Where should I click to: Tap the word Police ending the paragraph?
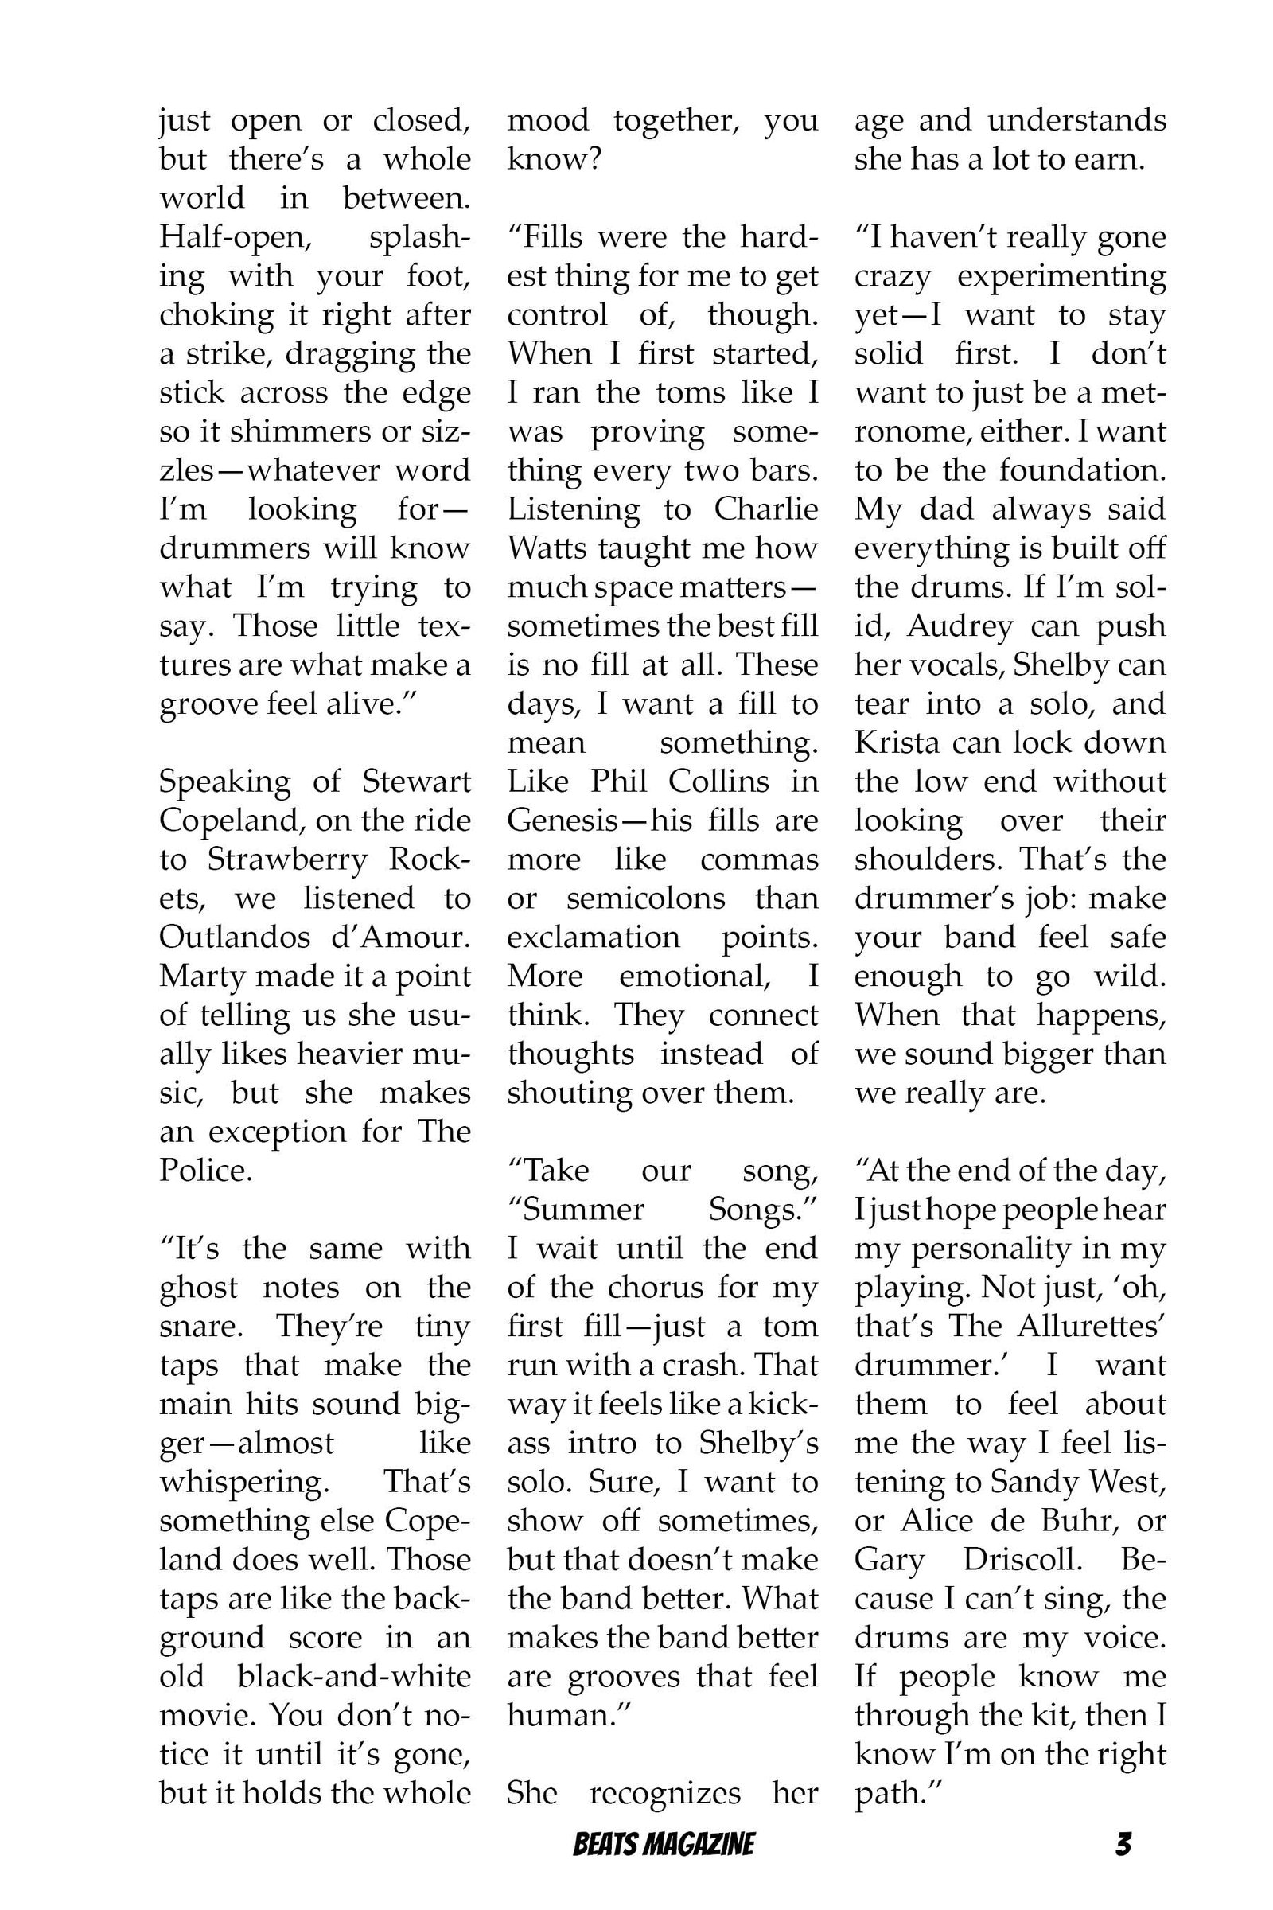tap(202, 1171)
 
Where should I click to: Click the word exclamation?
tap(594, 938)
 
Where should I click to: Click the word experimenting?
tap(1062, 276)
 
